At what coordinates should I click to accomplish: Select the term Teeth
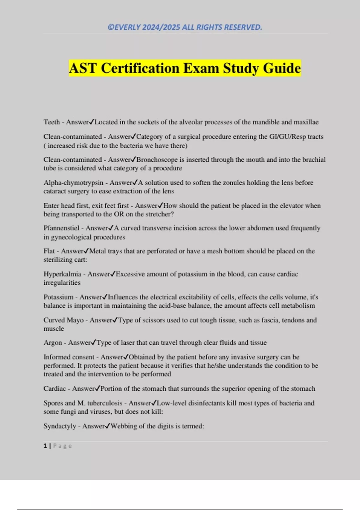click(52, 122)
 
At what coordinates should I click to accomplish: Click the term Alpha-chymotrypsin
click(73, 183)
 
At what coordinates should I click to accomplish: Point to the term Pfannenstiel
click(61, 228)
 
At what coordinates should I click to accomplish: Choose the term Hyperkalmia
click(62, 274)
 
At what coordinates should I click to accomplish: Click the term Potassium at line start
click(58, 297)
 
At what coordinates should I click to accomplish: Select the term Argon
click(52, 343)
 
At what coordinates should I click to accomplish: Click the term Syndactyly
click(60, 426)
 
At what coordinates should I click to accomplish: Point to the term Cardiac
click(54, 389)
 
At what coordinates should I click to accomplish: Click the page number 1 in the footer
click(45, 446)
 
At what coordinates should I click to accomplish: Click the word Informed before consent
click(58, 357)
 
